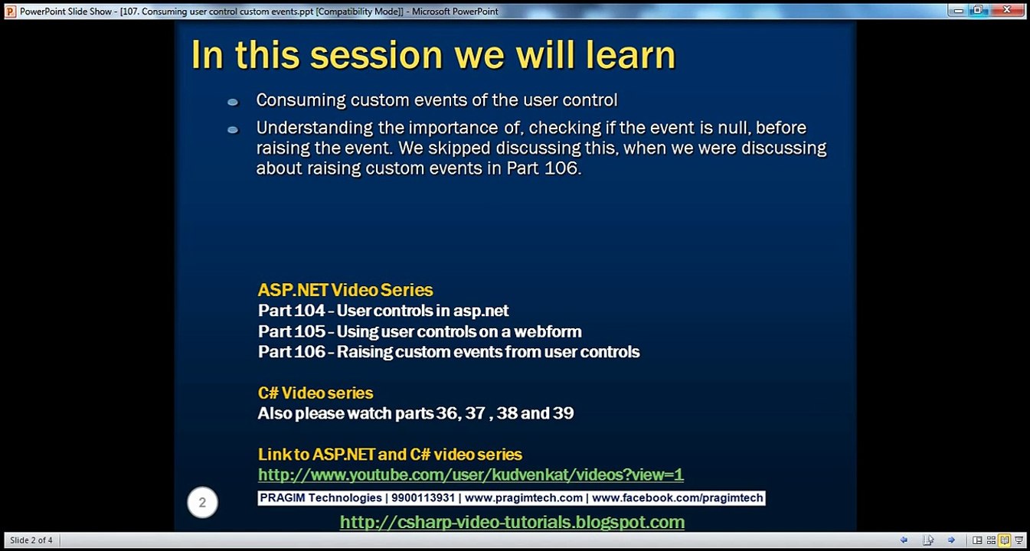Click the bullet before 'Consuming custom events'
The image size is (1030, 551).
point(233,102)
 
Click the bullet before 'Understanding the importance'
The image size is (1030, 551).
point(233,130)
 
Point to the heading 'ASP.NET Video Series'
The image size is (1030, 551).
point(345,290)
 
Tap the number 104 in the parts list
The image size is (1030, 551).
point(309,311)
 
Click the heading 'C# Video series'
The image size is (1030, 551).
point(316,393)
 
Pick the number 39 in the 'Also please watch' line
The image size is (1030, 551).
point(564,413)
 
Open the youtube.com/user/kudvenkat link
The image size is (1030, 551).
point(471,474)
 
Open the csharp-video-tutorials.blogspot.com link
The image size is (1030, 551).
point(512,523)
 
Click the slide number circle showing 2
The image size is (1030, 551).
point(202,502)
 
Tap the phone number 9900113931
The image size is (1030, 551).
point(423,497)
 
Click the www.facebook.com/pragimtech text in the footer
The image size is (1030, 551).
point(677,497)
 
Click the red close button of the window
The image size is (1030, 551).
point(1006,10)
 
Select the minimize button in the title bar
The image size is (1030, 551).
point(958,11)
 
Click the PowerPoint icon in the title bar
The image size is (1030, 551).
point(10,11)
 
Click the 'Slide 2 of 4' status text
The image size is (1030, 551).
point(31,540)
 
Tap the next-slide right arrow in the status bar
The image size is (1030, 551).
point(951,540)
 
